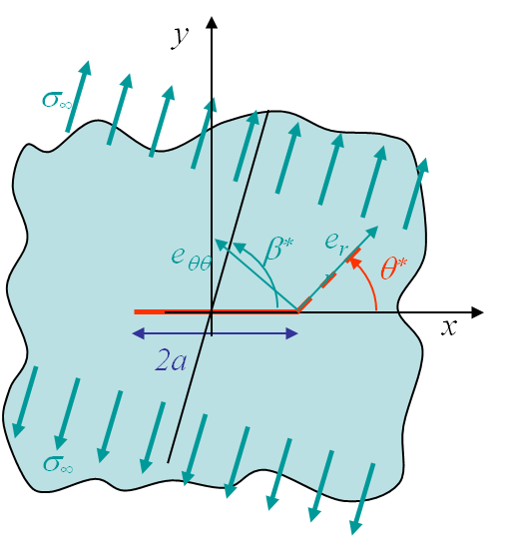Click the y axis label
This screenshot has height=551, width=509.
pyautogui.click(x=180, y=38)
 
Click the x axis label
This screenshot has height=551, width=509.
pyautogui.click(x=449, y=327)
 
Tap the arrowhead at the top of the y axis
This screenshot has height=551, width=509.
pyautogui.click(x=212, y=22)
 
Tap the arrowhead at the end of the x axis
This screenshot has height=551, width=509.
pyautogui.click(x=477, y=312)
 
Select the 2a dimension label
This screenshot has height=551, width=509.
pyautogui.click(x=171, y=360)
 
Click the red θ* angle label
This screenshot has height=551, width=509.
pyautogui.click(x=393, y=269)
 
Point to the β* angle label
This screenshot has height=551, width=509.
pyautogui.click(x=278, y=251)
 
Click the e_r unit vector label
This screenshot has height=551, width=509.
pyautogui.click(x=336, y=244)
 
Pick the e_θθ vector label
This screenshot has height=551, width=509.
pyautogui.click(x=192, y=259)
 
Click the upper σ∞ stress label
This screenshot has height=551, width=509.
pyautogui.click(x=57, y=100)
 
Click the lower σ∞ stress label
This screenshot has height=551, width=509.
pyautogui.click(x=58, y=464)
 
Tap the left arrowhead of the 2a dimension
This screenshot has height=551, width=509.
pyautogui.click(x=138, y=333)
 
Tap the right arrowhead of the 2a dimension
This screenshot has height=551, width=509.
pyautogui.click(x=291, y=333)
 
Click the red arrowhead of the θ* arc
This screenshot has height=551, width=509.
pyautogui.click(x=353, y=263)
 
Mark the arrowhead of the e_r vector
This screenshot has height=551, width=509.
pyautogui.click(x=372, y=232)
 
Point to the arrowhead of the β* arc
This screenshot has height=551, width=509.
pyautogui.click(x=238, y=247)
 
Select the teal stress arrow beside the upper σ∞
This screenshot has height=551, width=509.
pyautogui.click(x=78, y=97)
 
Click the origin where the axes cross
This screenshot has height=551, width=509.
pyautogui.click(x=212, y=312)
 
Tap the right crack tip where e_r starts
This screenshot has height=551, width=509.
pyautogui.click(x=297, y=311)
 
